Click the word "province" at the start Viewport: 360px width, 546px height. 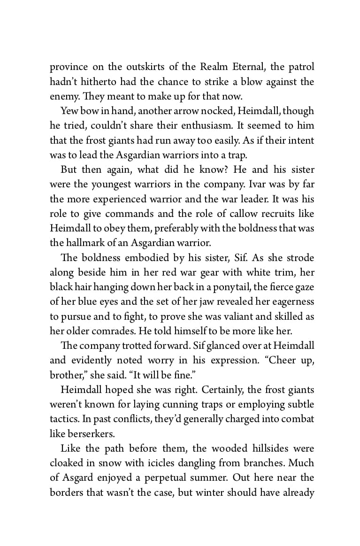tap(69, 67)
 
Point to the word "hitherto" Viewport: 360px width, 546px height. tap(99, 82)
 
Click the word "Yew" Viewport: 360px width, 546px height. tap(69, 111)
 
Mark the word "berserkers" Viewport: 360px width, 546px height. tap(82, 433)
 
